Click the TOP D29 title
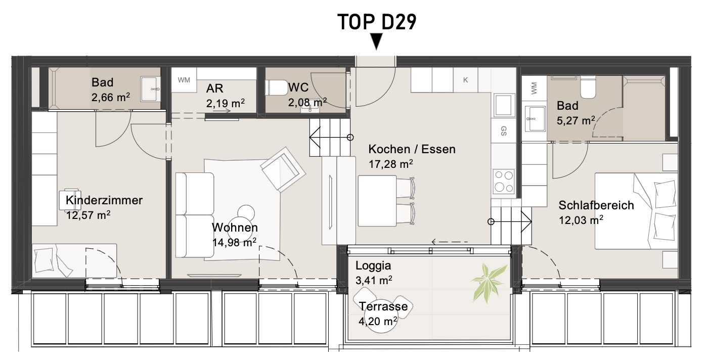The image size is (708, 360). pos(377,22)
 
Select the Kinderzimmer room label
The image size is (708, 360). pos(104,200)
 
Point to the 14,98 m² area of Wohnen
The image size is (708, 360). pos(234,242)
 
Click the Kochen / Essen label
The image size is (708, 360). pos(412,149)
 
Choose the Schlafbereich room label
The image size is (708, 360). pos(596,205)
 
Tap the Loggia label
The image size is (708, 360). pos(373,266)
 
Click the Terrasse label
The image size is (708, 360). pos(383,306)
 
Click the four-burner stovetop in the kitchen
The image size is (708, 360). pos(504,181)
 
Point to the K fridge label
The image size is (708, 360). pos(465,80)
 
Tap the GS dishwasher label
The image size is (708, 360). pos(504,131)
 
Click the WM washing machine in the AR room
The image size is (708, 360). pos(184,80)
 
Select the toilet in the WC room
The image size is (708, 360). pos(278,87)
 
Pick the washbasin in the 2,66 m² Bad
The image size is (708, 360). pos(151,89)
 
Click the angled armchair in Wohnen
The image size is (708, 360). pos(283,169)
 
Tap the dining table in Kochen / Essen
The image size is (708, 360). pos(377,201)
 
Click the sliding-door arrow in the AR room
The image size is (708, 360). pos(222,111)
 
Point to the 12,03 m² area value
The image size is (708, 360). pos(581,220)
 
